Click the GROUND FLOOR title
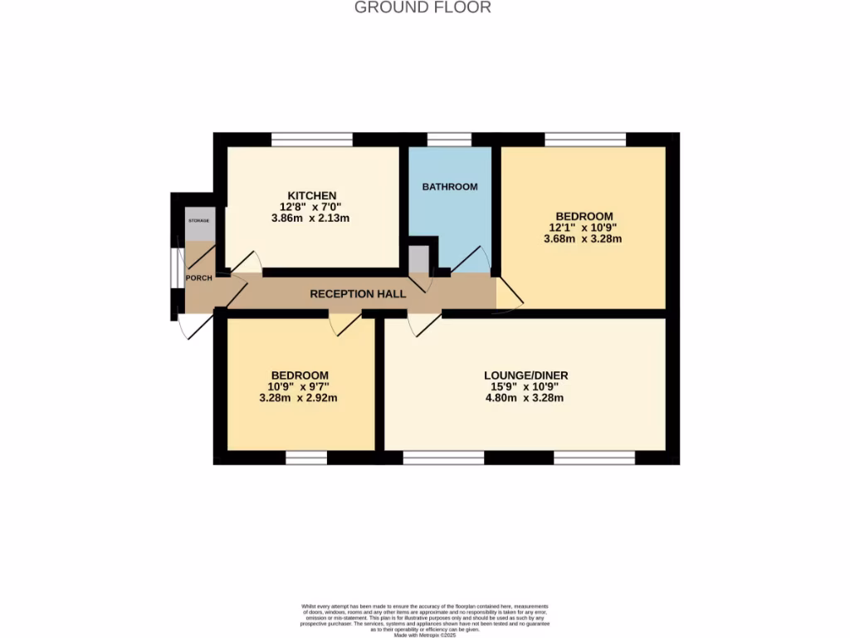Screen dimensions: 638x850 (x=423, y=7)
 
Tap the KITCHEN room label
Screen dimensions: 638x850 (x=312, y=195)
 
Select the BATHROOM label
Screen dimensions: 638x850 (x=450, y=187)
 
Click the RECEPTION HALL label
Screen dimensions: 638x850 (x=358, y=294)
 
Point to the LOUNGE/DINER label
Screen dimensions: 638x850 (x=525, y=375)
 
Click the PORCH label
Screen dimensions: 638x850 (x=198, y=277)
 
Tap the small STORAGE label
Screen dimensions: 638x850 (x=198, y=221)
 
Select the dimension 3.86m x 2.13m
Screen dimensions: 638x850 (x=312, y=218)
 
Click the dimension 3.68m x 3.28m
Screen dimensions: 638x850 (x=583, y=238)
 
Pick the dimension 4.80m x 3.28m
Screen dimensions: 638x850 (x=525, y=398)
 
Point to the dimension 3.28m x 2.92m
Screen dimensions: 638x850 (x=298, y=398)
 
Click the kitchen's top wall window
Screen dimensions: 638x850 (x=312, y=139)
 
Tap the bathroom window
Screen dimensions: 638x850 (x=448, y=139)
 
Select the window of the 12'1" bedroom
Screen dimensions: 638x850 (x=585, y=139)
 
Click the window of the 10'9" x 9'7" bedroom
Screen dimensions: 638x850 (x=306, y=458)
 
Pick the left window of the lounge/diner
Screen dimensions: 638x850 (x=443, y=458)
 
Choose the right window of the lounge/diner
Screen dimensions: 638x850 (x=594, y=458)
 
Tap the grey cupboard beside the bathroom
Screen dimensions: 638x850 (x=418, y=258)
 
